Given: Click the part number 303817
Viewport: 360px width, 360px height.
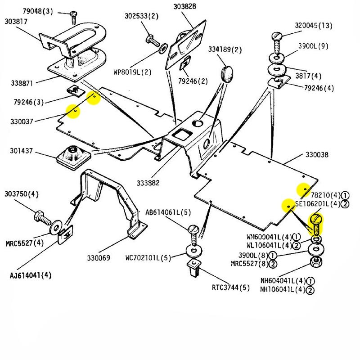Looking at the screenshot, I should click(x=16, y=22).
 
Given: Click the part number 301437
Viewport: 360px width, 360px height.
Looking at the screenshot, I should click(x=22, y=151).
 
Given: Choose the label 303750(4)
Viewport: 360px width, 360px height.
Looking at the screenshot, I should click(x=22, y=194).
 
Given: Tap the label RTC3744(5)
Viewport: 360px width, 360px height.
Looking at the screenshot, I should click(x=231, y=288).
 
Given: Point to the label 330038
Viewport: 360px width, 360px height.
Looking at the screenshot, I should click(x=317, y=155).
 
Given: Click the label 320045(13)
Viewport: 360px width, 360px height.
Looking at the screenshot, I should click(x=314, y=25).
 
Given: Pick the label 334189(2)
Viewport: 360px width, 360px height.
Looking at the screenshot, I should click(x=225, y=49).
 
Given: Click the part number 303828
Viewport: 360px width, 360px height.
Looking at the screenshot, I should click(x=185, y=6).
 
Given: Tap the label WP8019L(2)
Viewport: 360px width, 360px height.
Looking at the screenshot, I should click(x=133, y=72).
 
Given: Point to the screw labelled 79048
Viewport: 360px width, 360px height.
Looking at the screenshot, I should click(x=74, y=18).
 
